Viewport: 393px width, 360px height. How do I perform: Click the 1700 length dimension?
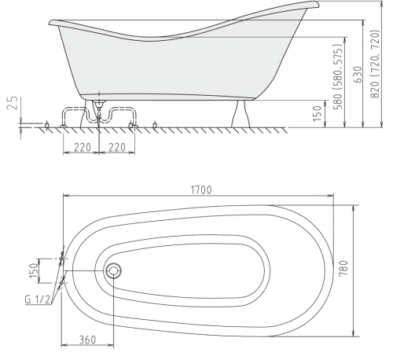click(201, 190)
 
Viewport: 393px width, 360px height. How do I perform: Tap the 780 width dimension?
click(343, 268)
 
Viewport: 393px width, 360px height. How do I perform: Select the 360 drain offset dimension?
click(87, 340)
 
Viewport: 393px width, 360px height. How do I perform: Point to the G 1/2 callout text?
click(37, 299)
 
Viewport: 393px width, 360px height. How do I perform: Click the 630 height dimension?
click(358, 74)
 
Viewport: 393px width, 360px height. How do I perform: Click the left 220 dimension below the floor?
click(83, 148)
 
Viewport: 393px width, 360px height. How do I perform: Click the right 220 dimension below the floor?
click(117, 148)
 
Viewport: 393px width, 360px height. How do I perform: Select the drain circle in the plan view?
click(113, 270)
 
